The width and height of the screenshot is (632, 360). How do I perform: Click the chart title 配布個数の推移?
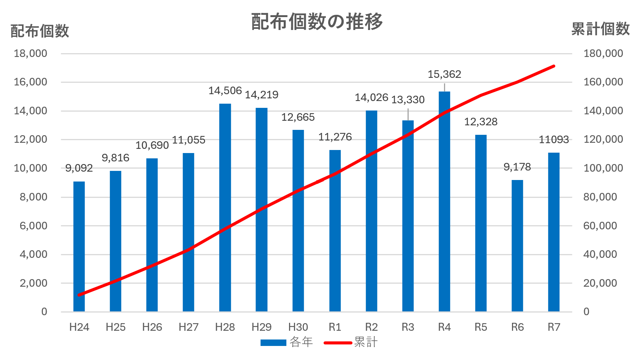coord(317,22)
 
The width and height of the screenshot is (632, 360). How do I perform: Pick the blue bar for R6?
coord(517,247)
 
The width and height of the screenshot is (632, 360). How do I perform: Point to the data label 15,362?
coord(444,74)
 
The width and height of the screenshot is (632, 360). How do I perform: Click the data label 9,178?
coord(517,167)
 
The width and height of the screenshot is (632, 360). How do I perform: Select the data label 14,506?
coord(225,91)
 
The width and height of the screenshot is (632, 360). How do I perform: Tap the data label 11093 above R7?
coord(554,140)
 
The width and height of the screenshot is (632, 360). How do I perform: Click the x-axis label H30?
coord(298,327)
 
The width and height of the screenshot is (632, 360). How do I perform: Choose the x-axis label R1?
coord(335,327)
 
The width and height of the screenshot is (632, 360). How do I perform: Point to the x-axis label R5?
coord(480,327)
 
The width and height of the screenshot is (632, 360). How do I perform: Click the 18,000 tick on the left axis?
coord(30,54)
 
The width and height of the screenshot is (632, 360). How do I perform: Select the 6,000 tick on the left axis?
coord(33,226)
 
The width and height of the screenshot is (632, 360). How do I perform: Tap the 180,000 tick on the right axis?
coord(603,54)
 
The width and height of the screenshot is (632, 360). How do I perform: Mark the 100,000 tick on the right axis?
coord(603,168)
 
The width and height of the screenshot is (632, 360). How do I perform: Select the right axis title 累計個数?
coord(600,29)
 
